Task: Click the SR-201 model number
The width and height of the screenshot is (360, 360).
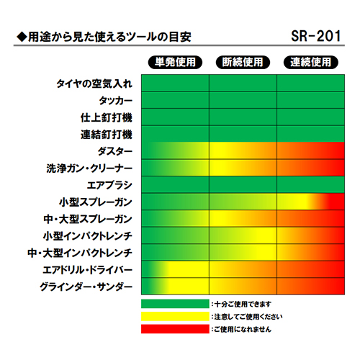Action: pos(316,36)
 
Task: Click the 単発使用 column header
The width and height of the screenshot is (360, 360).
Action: pos(175,62)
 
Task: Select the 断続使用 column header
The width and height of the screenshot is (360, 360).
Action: pos(243,62)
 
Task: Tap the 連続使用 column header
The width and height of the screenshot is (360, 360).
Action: pos(311,62)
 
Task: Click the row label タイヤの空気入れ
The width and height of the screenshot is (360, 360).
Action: pos(94,84)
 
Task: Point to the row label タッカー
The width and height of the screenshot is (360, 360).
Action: pos(116,101)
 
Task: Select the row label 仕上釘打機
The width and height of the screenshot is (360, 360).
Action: pos(107,117)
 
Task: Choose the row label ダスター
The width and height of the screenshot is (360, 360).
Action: pos(115,151)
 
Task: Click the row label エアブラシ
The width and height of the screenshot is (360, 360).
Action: pos(109,185)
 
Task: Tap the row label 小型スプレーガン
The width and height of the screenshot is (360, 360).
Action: pos(96,202)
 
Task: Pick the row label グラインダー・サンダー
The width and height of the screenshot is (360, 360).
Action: pos(86,287)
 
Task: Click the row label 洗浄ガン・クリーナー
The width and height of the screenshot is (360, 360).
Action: pos(89,168)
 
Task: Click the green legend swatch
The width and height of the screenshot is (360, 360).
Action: pos(175,304)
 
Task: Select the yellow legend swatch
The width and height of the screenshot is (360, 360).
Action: pos(175,316)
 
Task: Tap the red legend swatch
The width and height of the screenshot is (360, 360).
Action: pos(175,329)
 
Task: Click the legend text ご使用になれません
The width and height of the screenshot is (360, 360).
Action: pos(243,329)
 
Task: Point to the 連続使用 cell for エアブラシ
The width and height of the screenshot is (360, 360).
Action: pos(311,184)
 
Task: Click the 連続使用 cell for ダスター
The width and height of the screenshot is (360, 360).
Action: pos(311,150)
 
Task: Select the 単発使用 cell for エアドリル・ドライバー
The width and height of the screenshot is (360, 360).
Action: pos(175,269)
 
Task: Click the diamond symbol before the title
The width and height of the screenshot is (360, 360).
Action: pos(22,37)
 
